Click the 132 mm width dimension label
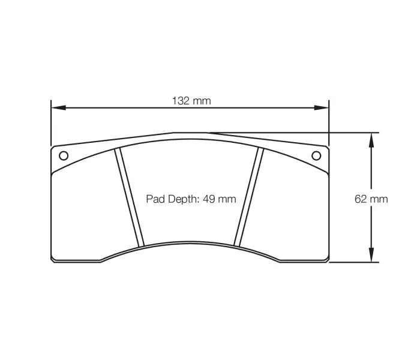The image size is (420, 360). tap(191, 101)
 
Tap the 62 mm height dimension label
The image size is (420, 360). tap(371, 199)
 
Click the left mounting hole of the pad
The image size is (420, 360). tap(63, 155)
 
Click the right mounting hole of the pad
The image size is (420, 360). tap(317, 155)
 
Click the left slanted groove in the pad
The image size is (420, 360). tap(130, 198)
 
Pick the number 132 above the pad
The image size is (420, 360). tap(181, 101)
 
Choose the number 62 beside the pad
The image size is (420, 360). tap(361, 199)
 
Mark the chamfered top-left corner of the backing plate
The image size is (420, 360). tap(53, 148)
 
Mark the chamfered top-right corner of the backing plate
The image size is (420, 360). tap(327, 147)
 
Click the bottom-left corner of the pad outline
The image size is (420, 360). tap(53, 260)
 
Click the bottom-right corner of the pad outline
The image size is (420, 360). tap(328, 260)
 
